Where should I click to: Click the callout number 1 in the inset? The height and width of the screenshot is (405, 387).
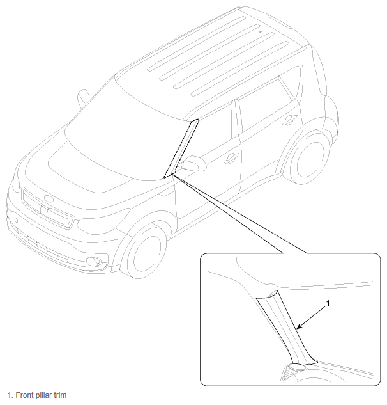coord(328,304)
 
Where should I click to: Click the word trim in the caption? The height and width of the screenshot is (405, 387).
coord(60,395)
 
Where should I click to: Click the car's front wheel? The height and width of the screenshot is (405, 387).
coord(145,251)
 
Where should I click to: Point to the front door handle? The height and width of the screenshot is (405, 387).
coord(231,158)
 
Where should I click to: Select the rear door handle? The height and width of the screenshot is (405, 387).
coord(290,120)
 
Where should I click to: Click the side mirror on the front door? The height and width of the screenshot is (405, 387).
coord(193,164)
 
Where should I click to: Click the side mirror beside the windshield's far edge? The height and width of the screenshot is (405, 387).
coord(83,98)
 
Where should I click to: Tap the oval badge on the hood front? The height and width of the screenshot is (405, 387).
coord(49,198)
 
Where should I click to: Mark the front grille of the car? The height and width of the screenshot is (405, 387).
coord(47,208)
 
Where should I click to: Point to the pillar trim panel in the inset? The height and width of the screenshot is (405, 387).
coord(286,328)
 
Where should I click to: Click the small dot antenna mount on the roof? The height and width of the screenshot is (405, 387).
coord(261,31)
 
